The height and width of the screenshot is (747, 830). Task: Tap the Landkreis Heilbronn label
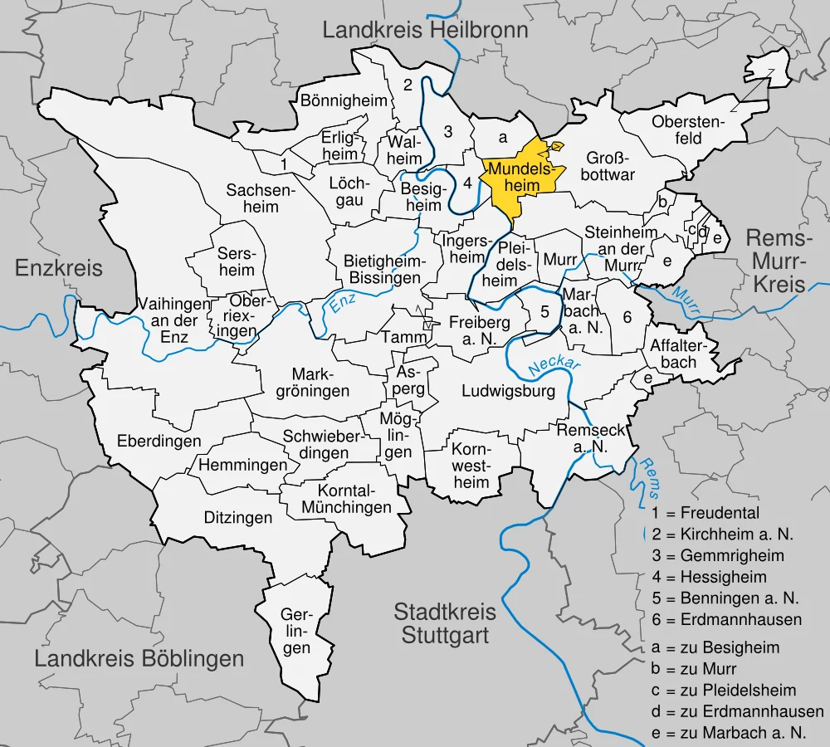(425, 32)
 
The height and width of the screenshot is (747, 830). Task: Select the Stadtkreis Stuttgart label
(445, 624)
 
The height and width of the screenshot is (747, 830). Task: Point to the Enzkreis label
(59, 267)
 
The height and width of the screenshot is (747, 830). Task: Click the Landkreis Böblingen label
(139, 659)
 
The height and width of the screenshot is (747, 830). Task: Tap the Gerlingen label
(295, 632)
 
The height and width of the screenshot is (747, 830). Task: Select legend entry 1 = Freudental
(705, 513)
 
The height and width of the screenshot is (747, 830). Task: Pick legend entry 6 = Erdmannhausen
(727, 619)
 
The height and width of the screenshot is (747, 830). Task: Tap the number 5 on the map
(544, 312)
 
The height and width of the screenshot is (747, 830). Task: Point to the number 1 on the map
(284, 164)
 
